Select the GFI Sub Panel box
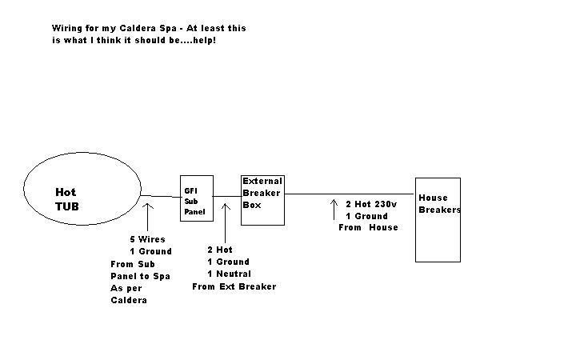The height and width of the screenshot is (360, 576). click(196, 199)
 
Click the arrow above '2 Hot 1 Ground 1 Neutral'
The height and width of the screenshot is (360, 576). click(226, 216)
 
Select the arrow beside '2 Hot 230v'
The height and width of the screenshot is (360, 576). click(334, 210)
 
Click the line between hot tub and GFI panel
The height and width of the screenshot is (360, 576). click(161, 196)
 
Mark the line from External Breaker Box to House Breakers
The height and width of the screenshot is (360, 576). click(350, 194)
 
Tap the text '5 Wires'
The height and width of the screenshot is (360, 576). click(148, 239)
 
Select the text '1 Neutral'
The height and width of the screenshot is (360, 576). click(228, 274)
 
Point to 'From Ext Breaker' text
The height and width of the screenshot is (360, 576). click(234, 286)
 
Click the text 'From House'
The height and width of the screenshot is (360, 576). click(369, 227)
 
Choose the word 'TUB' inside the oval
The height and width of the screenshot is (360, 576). click(67, 206)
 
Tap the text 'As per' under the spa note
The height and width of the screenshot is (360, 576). click(126, 288)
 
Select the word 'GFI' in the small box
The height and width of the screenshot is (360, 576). click(191, 191)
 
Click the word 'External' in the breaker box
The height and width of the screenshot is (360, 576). click(262, 182)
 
